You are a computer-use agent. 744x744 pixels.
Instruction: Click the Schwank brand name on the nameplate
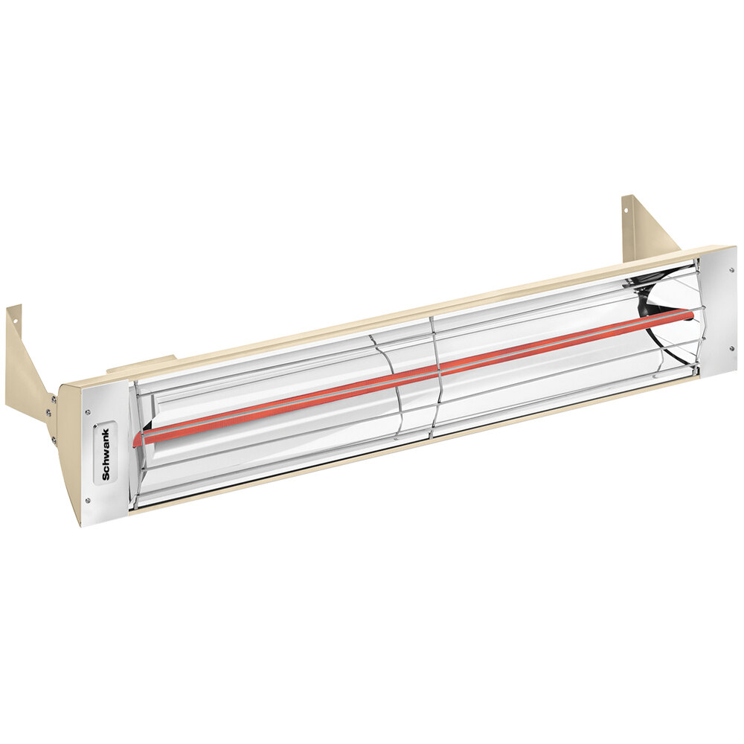pyautogui.click(x=104, y=454)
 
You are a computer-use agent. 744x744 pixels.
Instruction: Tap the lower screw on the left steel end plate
pyautogui.click(x=89, y=500)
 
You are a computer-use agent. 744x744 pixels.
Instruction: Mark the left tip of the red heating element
pyautogui.click(x=136, y=440)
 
